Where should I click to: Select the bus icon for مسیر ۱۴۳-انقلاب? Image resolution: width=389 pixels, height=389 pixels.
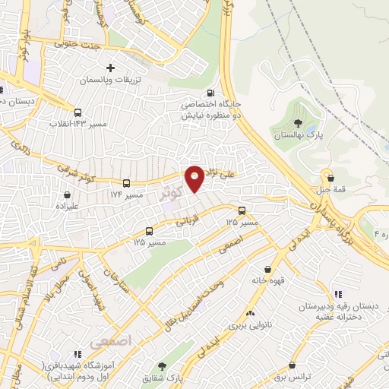[x=78, y=112]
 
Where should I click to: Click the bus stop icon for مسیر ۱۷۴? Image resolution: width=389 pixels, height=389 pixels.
[x=127, y=183]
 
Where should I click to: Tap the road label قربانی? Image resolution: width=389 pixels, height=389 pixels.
[x=188, y=222]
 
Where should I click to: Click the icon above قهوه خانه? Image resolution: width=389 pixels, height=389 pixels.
[x=268, y=268]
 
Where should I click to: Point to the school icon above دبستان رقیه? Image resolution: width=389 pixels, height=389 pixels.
[x=338, y=294]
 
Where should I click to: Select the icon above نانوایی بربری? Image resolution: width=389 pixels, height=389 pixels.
[x=250, y=313]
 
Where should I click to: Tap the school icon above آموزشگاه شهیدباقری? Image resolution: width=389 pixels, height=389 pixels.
[x=77, y=354]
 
